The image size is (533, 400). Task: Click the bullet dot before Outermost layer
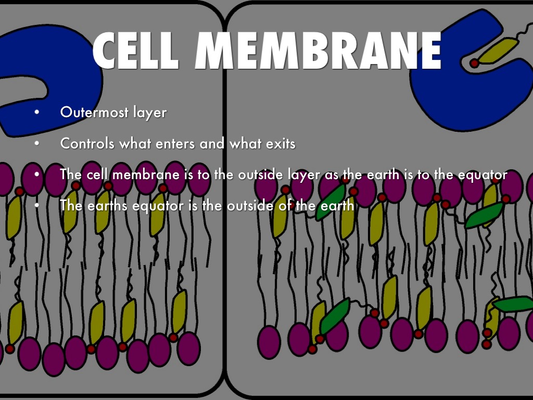pyautogui.click(x=36, y=113)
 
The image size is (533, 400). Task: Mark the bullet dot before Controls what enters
pyautogui.click(x=36, y=144)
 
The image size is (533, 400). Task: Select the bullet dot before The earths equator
pyautogui.click(x=36, y=206)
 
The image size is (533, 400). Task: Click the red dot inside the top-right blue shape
pyautogui.click(x=474, y=64)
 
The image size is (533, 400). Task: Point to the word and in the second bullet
pyautogui.click(x=212, y=143)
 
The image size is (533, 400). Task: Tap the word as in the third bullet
pyautogui.click(x=331, y=174)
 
